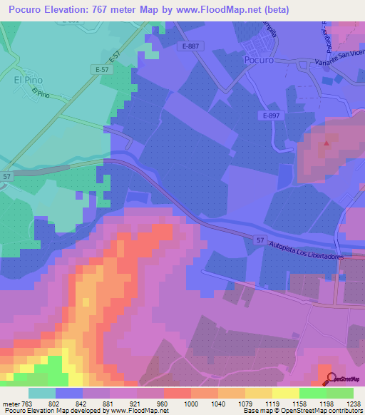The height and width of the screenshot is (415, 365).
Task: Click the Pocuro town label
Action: [x=258, y=61]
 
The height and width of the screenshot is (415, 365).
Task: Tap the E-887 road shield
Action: [x=190, y=46]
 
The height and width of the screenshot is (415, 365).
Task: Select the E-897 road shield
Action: [x=270, y=116]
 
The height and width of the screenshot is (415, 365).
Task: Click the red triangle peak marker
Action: [x=327, y=143]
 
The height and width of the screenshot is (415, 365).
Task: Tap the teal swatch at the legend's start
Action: [x=42, y=393]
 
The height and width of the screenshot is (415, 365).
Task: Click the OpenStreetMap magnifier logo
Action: [x=331, y=378]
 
